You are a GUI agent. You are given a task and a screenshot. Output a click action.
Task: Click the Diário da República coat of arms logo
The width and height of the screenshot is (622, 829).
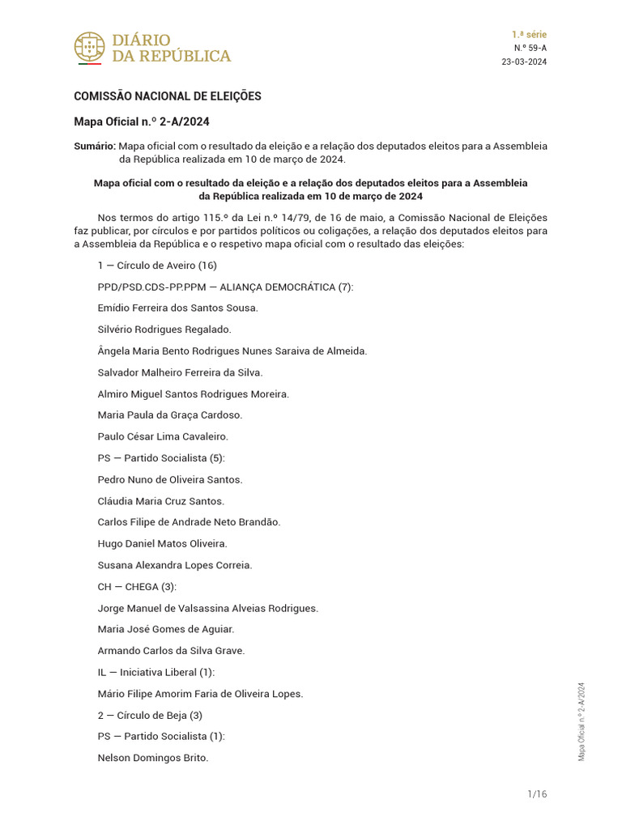(89, 48)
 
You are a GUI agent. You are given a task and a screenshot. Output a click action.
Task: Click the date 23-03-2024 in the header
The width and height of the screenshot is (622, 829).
(524, 62)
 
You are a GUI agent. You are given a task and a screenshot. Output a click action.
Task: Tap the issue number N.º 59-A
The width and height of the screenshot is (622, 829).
(530, 49)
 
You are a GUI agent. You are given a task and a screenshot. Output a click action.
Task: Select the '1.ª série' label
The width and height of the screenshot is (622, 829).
(529, 35)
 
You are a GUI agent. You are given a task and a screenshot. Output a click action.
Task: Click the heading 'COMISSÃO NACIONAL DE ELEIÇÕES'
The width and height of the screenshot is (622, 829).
(168, 96)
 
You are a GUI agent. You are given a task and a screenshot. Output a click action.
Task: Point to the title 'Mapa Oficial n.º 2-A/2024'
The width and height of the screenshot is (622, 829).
(142, 122)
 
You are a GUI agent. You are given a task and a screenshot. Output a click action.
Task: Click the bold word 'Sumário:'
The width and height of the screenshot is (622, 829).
(95, 147)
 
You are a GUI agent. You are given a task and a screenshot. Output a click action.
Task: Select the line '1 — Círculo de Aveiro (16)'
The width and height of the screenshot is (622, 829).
(157, 266)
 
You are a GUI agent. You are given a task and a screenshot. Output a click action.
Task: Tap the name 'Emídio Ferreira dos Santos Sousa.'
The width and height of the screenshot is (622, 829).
(177, 308)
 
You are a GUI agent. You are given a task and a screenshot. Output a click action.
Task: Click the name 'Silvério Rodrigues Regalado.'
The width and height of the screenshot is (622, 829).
(164, 329)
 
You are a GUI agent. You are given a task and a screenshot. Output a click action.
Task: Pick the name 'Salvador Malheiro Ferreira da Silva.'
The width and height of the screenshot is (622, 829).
(180, 372)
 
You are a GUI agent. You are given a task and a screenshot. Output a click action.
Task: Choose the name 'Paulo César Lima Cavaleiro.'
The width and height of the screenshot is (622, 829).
(163, 436)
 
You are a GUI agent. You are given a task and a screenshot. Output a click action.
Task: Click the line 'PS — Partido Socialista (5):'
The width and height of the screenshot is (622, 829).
(161, 458)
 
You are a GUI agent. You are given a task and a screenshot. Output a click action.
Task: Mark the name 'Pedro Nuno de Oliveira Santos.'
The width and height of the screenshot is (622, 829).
(169, 480)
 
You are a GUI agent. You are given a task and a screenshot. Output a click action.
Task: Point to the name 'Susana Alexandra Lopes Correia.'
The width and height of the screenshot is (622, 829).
(174, 565)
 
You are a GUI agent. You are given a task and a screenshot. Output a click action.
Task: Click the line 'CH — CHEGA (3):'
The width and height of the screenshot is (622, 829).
(137, 587)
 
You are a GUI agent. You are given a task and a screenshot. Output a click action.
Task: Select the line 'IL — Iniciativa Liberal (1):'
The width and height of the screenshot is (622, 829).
(156, 672)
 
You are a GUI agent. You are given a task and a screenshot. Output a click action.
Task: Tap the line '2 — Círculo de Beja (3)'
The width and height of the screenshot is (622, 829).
(150, 715)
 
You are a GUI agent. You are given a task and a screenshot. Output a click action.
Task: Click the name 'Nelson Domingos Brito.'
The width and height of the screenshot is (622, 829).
(153, 758)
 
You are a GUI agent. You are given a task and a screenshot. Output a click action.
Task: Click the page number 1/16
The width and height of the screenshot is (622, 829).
(537, 794)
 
